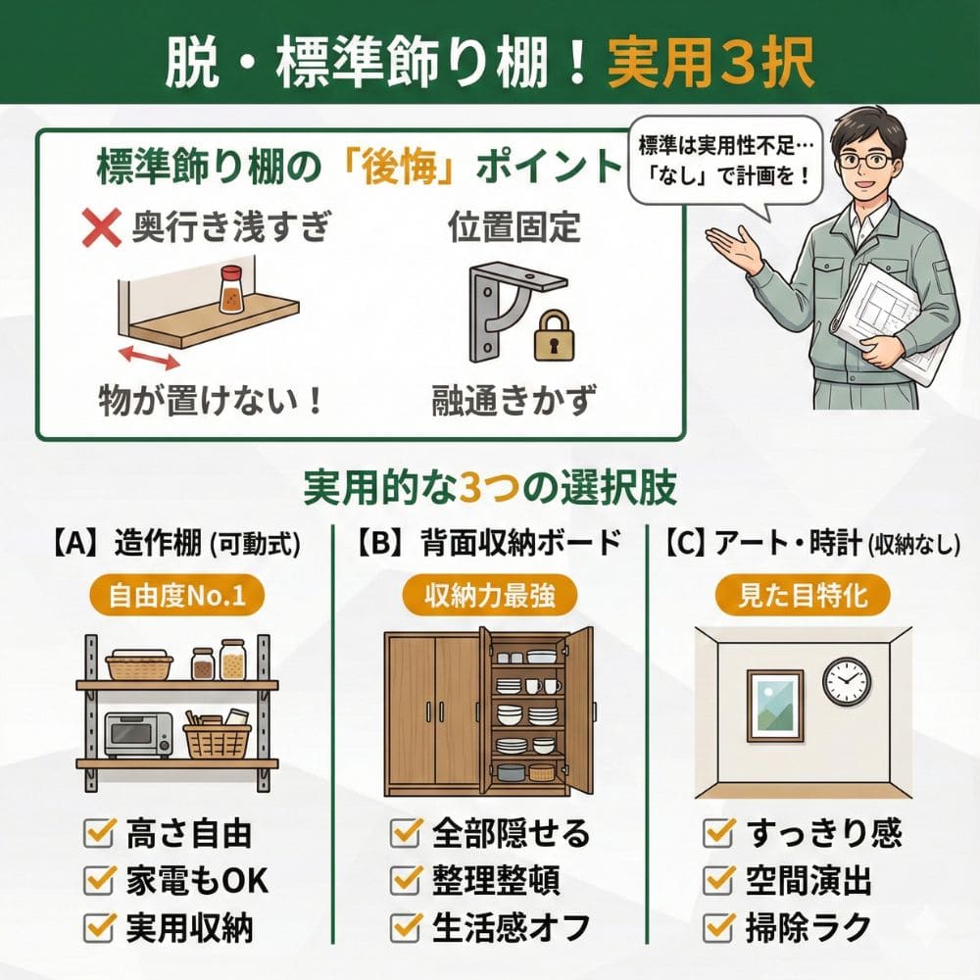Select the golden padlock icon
click(554, 335)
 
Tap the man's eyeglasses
click(863, 159)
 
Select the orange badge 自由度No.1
click(177, 597)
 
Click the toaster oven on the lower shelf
click(138, 734)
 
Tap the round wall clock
click(846, 680)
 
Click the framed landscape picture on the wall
click(774, 705)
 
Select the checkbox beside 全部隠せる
click(406, 834)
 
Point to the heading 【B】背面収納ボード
click(488, 542)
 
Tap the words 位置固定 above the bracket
click(514, 230)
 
